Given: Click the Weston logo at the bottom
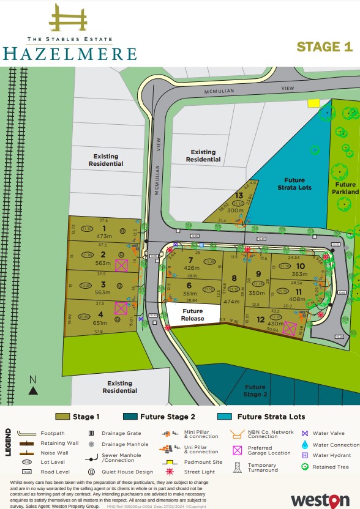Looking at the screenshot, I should (x=323, y=499).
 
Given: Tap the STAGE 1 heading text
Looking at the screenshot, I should (x=324, y=46).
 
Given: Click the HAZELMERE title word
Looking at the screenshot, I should (x=69, y=53).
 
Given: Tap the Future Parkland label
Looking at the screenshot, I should (x=345, y=188).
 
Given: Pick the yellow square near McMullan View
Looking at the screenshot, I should (x=314, y=103).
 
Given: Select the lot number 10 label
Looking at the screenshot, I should (x=300, y=266).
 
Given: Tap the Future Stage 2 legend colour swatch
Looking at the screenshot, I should (x=130, y=417).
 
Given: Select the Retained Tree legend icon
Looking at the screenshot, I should (x=305, y=467).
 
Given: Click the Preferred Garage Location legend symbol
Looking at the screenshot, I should (x=237, y=450).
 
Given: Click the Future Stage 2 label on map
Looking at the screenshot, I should (x=255, y=390).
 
